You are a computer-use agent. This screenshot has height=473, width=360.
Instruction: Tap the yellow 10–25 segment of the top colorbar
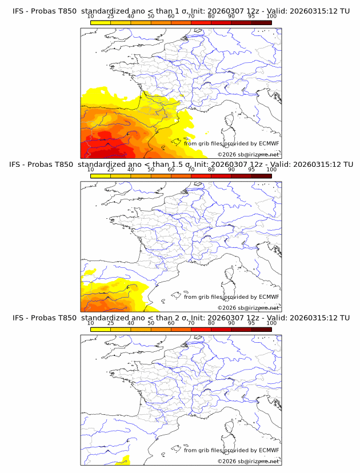(101, 22)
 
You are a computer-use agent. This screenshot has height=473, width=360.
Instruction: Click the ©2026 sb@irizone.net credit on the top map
(248, 154)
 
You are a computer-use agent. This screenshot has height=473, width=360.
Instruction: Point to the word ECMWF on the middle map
(269, 296)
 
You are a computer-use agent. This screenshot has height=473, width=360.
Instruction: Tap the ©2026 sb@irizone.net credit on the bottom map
(248, 461)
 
